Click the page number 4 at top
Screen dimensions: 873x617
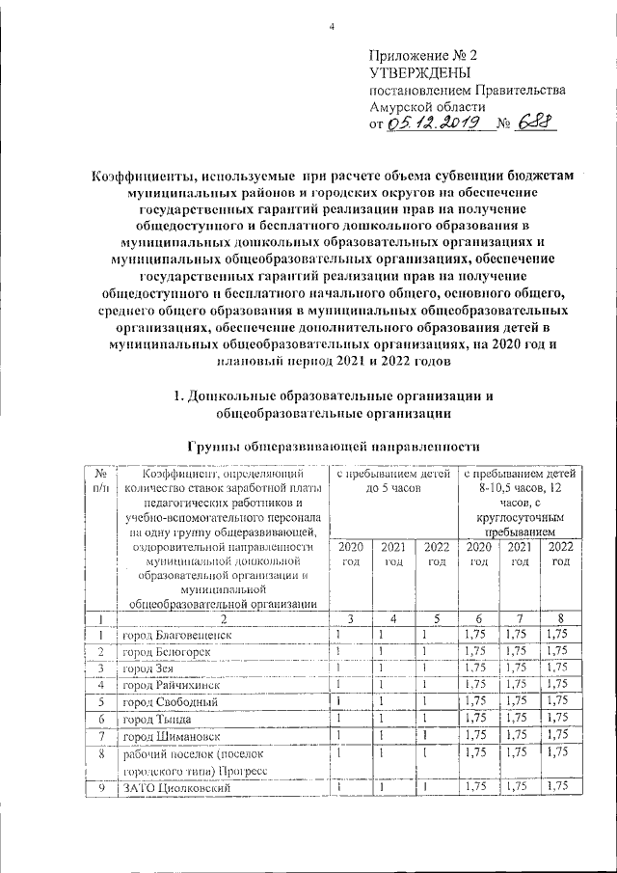(331, 27)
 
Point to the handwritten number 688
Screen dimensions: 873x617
(537, 123)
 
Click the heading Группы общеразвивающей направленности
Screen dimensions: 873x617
(331, 446)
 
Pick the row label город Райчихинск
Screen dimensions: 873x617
(170, 685)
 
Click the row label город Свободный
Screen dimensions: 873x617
(169, 701)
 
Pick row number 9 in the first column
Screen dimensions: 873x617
(100, 789)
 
